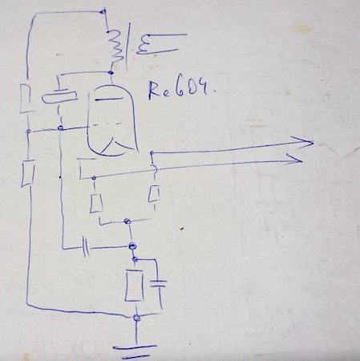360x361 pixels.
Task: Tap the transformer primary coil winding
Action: tap(115, 47)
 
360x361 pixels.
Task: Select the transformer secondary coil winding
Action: tap(142, 46)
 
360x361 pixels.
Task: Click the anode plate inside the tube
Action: tap(109, 99)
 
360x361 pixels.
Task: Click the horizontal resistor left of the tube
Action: tap(59, 97)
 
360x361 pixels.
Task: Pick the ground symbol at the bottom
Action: tap(135, 352)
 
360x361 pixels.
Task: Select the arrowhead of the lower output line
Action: tap(295, 160)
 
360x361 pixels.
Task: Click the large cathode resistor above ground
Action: tap(134, 286)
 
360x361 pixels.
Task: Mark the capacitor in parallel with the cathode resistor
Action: tap(159, 284)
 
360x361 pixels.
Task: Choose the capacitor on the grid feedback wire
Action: tap(86, 246)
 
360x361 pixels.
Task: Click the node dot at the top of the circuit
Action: tap(103, 11)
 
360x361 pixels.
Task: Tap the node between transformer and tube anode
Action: tap(111, 72)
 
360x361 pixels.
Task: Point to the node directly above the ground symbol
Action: tap(136, 318)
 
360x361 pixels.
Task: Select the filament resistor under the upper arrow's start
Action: tap(154, 193)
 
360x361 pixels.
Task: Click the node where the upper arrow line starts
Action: tap(152, 153)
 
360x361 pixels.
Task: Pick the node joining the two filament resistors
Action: tap(127, 221)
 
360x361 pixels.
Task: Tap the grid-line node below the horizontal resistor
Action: tap(61, 128)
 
